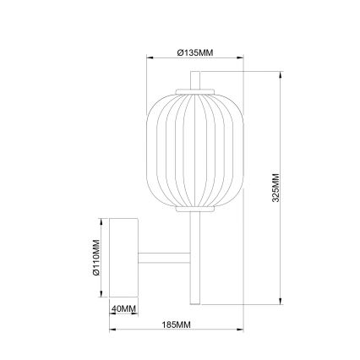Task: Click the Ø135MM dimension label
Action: click(195, 52)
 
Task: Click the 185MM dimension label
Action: click(176, 325)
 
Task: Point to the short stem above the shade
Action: click(195, 81)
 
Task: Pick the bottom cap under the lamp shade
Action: click(195, 211)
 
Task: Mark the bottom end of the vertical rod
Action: click(195, 300)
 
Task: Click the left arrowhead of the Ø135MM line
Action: click(150, 58)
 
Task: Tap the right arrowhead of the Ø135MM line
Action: click(241, 58)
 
